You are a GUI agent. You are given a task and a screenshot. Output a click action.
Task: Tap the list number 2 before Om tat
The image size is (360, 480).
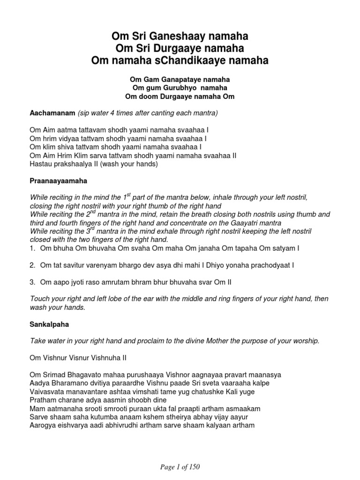pos(32,265)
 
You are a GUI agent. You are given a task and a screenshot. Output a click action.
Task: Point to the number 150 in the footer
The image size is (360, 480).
pos(197,466)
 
